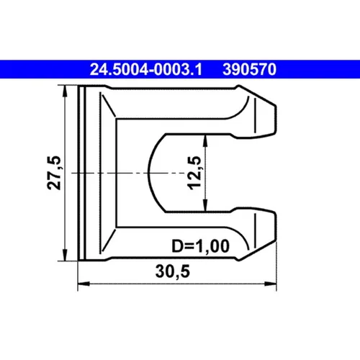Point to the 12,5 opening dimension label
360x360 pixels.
tap(194, 174)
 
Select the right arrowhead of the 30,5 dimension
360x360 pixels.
tap(274, 284)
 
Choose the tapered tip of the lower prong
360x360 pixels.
tap(271, 230)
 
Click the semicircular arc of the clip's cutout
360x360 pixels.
tap(149, 172)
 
